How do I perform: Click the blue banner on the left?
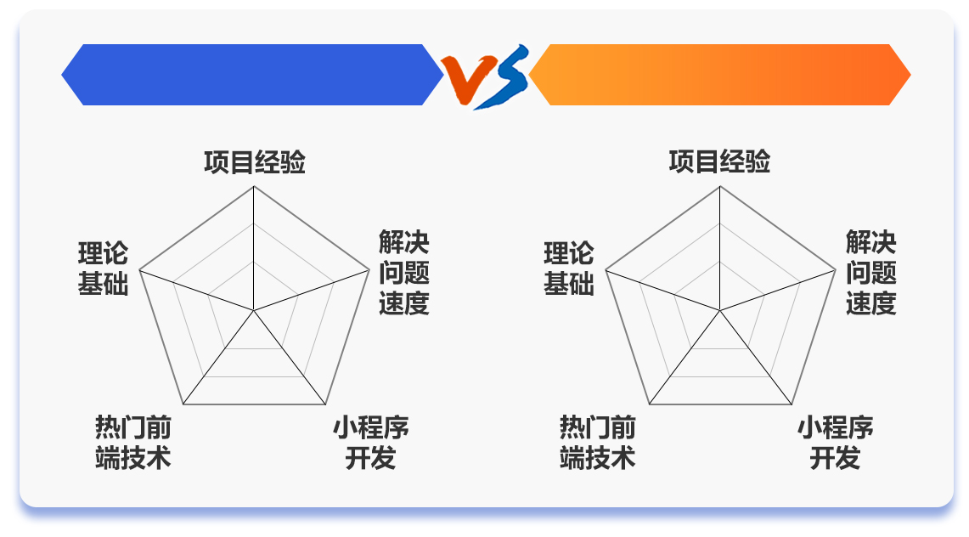(x=252, y=75)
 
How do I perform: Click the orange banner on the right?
(x=720, y=75)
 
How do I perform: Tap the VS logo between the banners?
(x=486, y=76)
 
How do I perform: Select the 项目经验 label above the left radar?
(x=255, y=162)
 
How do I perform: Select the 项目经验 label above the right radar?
(x=719, y=161)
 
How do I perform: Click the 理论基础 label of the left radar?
(x=104, y=268)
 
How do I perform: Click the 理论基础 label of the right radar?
(x=568, y=268)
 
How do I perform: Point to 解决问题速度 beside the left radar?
(x=404, y=273)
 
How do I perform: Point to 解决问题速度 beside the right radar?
(x=870, y=273)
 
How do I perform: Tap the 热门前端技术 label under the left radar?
(x=132, y=443)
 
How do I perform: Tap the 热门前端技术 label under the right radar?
(x=598, y=443)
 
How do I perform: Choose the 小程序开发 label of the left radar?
(x=371, y=443)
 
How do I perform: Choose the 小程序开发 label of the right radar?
(x=836, y=443)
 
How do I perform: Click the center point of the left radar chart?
(x=253, y=310)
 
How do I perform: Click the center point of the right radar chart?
(x=720, y=310)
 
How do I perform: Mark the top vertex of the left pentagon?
(x=253, y=187)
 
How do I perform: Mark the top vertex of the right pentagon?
(x=720, y=187)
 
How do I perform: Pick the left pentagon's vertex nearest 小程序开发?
(x=325, y=404)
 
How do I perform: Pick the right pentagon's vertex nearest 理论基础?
(x=606, y=270)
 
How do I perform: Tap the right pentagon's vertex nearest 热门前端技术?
(x=650, y=404)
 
